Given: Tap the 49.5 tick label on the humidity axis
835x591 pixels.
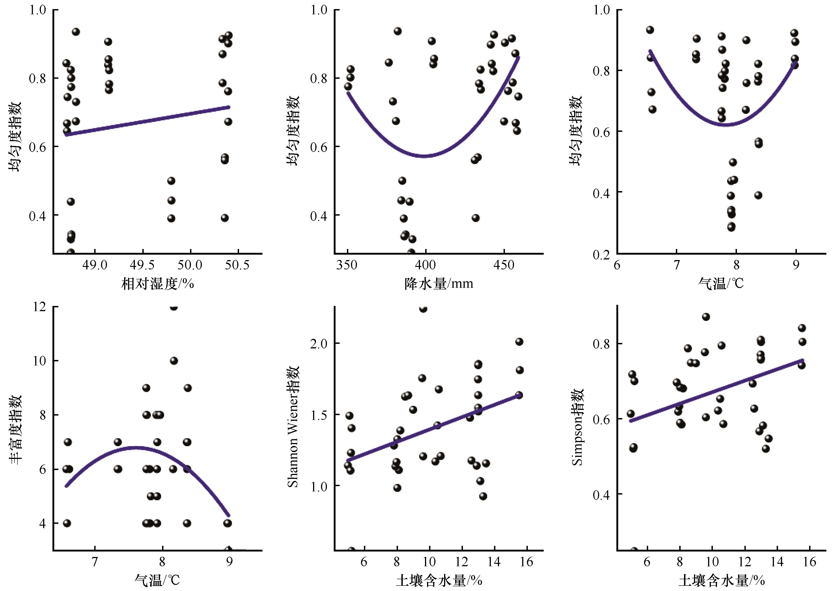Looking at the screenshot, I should [x=142, y=265].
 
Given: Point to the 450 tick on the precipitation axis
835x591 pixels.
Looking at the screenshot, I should [x=504, y=265].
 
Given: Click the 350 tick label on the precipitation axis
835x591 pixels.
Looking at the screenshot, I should [x=347, y=265].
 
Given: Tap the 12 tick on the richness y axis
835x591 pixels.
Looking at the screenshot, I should [x=39, y=307].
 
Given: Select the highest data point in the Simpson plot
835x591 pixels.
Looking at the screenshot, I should [x=706, y=317].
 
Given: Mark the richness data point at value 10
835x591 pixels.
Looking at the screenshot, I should [x=174, y=361].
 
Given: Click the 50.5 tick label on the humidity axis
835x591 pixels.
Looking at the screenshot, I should [x=237, y=265].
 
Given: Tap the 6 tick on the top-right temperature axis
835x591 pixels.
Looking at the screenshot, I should [x=617, y=265].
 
